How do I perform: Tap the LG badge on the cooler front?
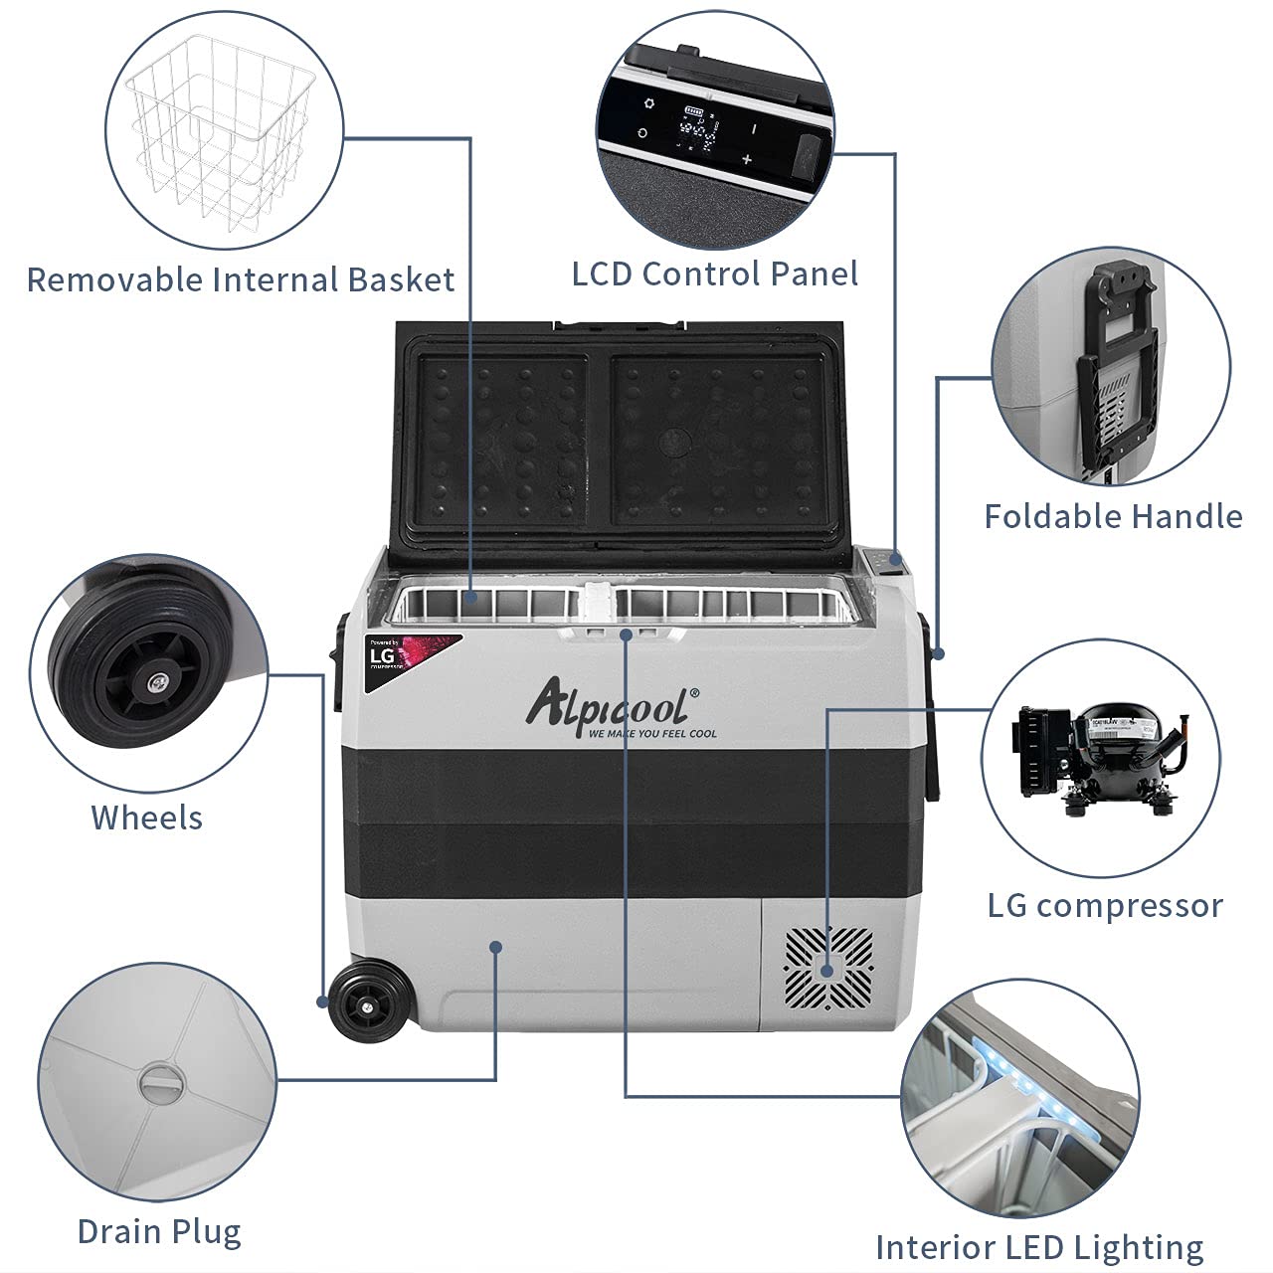(384, 656)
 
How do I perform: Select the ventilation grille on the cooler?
(828, 966)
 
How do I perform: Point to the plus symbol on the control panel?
(747, 159)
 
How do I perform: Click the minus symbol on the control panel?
(754, 128)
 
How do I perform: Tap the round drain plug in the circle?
(157, 1082)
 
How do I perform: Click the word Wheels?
(146, 818)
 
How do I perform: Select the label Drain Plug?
(159, 1231)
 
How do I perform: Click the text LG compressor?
(1105, 905)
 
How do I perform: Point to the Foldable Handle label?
(1113, 516)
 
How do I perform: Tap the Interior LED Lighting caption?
(1039, 1247)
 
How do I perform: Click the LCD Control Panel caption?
(714, 274)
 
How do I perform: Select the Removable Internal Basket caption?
(241, 279)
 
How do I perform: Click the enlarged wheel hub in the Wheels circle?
(155, 682)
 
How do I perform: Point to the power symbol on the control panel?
(642, 132)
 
